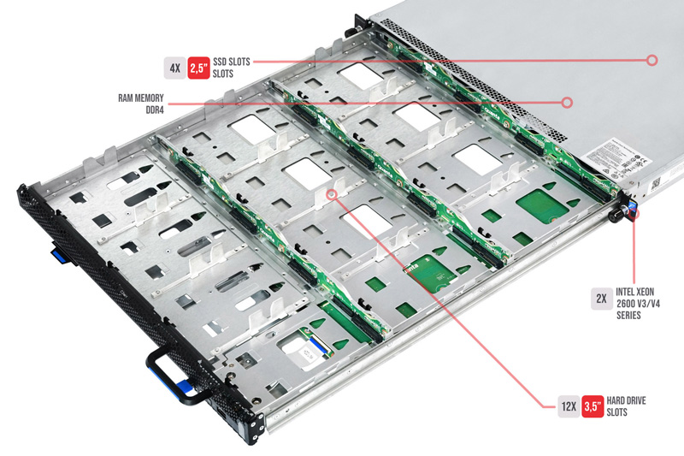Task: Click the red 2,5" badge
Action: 199,66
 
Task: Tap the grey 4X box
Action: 174,66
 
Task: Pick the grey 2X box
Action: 601,299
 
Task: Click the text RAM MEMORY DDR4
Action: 139,104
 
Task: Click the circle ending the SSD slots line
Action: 652,60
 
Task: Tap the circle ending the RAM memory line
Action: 567,102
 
